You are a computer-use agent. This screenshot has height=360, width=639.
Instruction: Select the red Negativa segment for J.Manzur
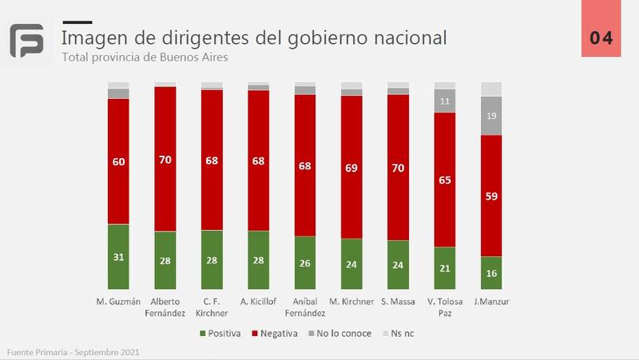tap(491, 195)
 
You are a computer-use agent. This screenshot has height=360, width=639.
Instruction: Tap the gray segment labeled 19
tap(491, 116)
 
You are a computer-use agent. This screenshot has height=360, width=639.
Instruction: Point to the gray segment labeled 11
tap(445, 101)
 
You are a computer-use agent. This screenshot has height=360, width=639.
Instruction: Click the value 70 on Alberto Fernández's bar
tap(165, 160)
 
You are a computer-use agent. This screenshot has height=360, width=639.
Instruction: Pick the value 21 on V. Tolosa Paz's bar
tap(445, 267)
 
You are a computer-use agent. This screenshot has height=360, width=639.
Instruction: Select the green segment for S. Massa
tap(398, 263)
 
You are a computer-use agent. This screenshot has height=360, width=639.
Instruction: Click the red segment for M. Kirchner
tap(351, 167)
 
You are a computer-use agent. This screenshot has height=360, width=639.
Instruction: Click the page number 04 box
tap(601, 38)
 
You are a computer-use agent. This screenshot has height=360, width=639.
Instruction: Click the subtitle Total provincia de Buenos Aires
tap(149, 57)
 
